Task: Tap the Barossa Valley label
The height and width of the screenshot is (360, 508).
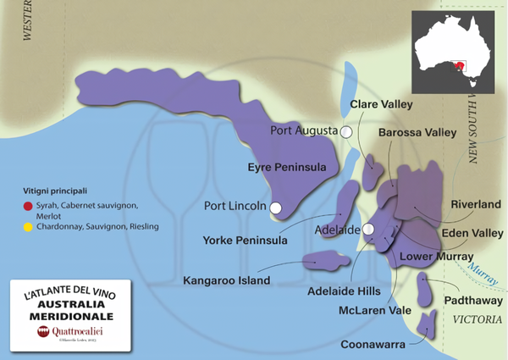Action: [417, 133]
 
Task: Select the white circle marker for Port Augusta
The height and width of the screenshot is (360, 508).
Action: [346, 131]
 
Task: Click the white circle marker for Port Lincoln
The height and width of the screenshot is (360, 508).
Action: [275, 206]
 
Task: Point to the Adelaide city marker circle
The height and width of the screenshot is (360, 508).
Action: [368, 230]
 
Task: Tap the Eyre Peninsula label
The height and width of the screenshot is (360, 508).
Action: [286, 168]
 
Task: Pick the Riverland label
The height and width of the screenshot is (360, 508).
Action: [477, 204]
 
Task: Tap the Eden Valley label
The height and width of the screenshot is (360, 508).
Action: [472, 232]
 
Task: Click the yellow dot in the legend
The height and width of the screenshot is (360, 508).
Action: [28, 227]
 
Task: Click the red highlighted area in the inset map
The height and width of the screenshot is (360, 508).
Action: [461, 66]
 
